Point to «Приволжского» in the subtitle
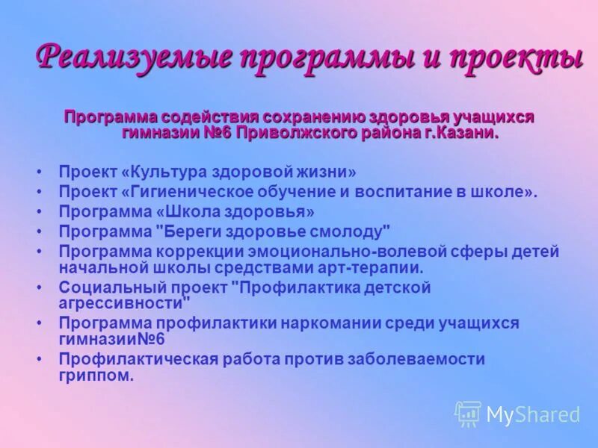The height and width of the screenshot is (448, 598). [298, 133]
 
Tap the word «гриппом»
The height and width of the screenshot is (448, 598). [95, 375]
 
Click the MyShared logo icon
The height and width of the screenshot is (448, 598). [468, 414]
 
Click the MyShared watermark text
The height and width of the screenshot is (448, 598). [533, 414]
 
